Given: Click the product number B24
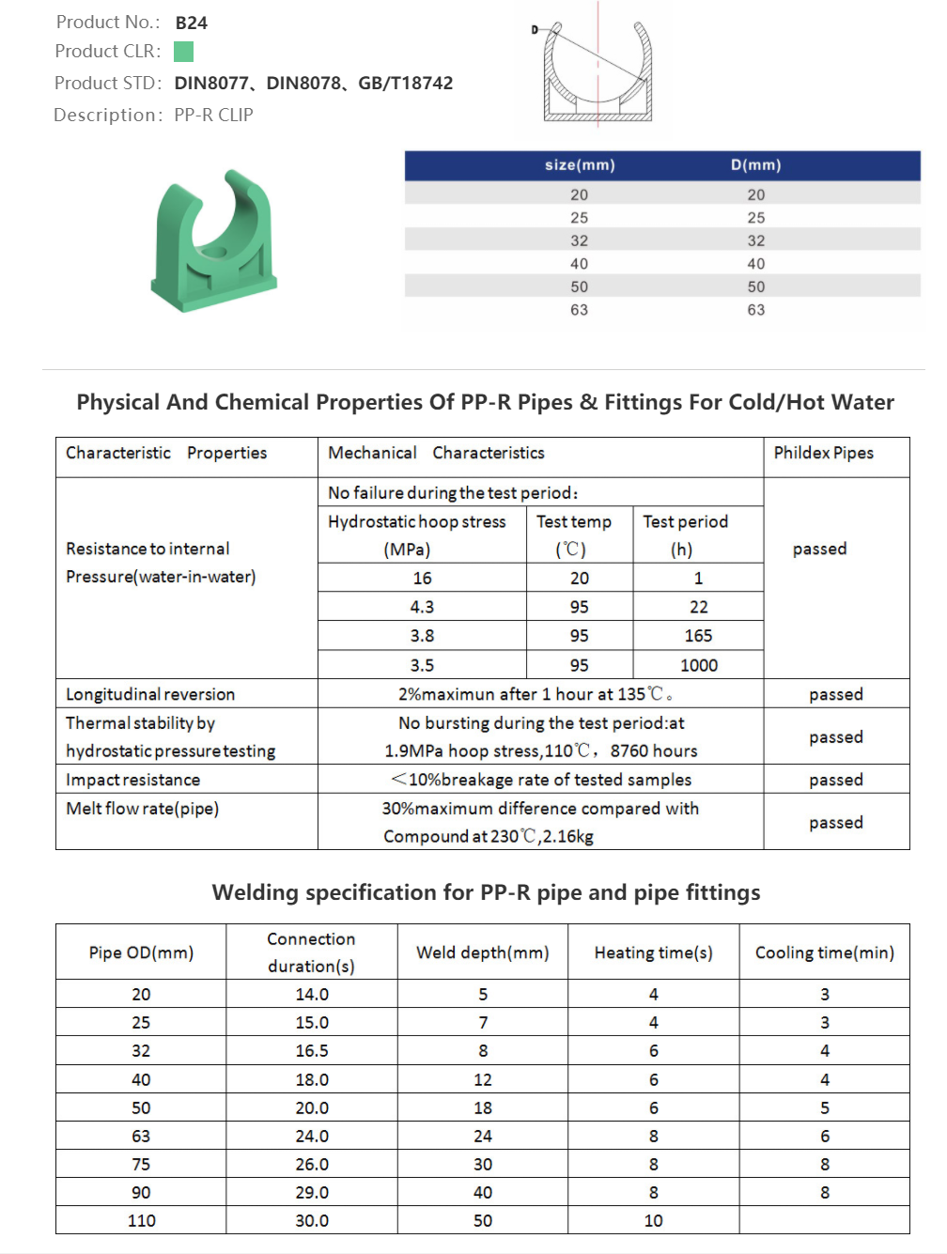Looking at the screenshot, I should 191,23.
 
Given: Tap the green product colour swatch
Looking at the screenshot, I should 184,52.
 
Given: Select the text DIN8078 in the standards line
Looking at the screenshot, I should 303,83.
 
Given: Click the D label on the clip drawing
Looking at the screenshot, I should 535,30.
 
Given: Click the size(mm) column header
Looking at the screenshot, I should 580,165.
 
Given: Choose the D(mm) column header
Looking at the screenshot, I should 755,165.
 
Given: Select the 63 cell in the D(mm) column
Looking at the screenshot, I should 755,310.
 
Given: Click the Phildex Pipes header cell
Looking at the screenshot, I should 823,453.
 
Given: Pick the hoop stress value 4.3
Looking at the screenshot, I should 422,608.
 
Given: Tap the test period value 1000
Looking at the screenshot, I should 698,666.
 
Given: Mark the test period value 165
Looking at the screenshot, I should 698,636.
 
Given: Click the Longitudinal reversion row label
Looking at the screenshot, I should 150,694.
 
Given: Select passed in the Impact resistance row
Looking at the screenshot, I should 835,780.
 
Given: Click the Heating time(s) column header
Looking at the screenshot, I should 653,952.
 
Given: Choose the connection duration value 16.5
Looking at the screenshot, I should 312,1051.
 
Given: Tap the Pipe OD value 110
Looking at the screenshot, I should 141,1221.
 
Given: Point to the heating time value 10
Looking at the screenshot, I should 653,1221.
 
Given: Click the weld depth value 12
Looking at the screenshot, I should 483,1080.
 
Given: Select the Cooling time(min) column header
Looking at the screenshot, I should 824,952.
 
